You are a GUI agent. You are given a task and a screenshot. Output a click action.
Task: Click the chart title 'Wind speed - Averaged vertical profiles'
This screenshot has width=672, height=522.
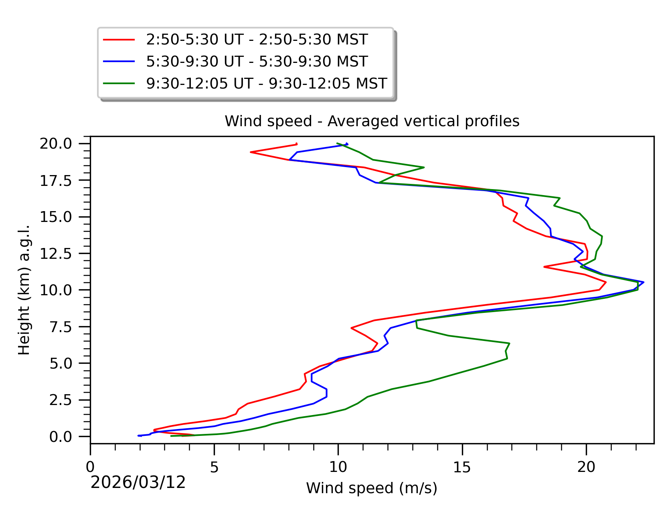tap(372, 121)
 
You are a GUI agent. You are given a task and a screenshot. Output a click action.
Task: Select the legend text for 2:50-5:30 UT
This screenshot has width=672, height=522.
tap(257, 40)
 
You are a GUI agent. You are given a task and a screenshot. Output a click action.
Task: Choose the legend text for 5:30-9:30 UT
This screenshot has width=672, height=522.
tap(257, 62)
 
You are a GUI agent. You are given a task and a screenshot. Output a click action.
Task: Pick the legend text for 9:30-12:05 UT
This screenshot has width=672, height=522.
tap(266, 83)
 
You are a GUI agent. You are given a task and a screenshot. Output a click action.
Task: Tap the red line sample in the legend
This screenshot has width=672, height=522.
tap(119, 40)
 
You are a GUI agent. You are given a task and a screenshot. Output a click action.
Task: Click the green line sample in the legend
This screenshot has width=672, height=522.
tap(119, 83)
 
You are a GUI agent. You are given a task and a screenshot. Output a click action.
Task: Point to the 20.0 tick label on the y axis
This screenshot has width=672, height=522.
tap(61, 143)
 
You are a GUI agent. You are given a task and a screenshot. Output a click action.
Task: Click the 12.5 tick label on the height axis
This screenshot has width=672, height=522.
tap(61, 254)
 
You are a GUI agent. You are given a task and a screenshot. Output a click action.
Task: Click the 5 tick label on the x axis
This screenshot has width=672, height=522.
tap(214, 467)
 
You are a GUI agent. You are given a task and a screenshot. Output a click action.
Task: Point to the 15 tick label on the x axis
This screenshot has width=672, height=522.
tap(462, 467)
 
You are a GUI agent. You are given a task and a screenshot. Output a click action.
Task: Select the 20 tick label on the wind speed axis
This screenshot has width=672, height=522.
tap(586, 467)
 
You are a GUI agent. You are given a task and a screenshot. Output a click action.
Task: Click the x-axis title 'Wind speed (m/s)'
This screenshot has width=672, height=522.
tap(372, 488)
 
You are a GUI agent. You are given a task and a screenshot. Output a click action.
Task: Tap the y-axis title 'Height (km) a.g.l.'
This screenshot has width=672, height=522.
tap(24, 290)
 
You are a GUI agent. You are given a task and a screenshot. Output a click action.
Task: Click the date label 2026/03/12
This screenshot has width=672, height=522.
tap(138, 482)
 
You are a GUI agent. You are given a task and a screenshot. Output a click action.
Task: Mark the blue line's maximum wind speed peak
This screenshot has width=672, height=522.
tap(644, 282)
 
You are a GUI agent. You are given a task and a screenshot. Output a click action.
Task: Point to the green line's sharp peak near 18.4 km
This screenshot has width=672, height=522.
tap(424, 167)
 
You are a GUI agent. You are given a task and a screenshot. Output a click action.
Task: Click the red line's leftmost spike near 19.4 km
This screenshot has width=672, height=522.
tap(251, 152)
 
